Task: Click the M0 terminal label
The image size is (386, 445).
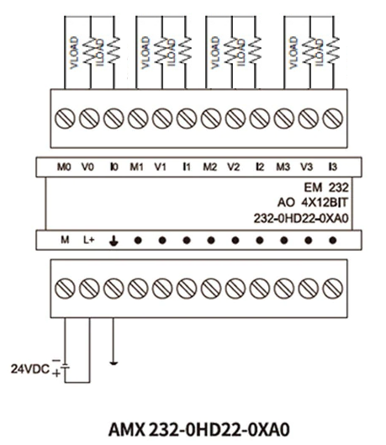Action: [x=64, y=167]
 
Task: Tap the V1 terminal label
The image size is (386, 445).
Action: [x=160, y=167]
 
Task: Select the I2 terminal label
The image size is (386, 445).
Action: [x=260, y=167]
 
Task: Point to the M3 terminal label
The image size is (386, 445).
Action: [x=283, y=167]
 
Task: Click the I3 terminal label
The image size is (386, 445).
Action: [x=333, y=167]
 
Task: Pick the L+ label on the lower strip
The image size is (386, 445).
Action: [x=89, y=240]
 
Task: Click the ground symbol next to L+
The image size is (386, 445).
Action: [x=114, y=241]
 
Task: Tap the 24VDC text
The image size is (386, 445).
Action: [x=30, y=369]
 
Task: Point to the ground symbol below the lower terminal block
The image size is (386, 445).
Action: [x=114, y=363]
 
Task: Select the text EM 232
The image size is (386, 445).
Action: [x=326, y=188]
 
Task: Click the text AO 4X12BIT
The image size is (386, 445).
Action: [x=313, y=203]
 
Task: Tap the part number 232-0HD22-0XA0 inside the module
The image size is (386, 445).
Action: [x=301, y=218]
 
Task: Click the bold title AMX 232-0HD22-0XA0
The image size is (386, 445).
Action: [x=199, y=429]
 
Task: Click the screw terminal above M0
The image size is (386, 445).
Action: [x=65, y=119]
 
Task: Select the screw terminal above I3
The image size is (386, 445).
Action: [x=333, y=119]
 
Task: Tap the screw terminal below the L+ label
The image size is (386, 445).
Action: [x=89, y=289]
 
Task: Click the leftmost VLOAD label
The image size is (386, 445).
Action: [x=74, y=52]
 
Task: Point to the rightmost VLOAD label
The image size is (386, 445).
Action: [x=293, y=52]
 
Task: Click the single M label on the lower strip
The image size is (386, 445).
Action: [x=65, y=240]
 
